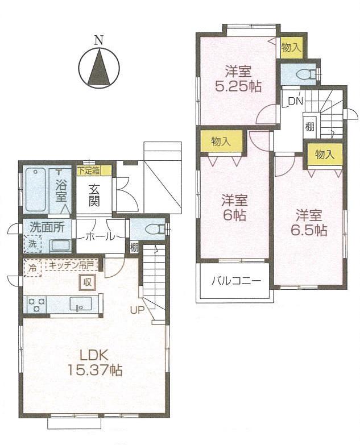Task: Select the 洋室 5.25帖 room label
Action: [x=238, y=80]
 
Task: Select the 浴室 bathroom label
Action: [x=61, y=190]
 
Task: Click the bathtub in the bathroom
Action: [x=35, y=190]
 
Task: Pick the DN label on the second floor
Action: [x=295, y=101]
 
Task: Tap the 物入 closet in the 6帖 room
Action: [x=221, y=142]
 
